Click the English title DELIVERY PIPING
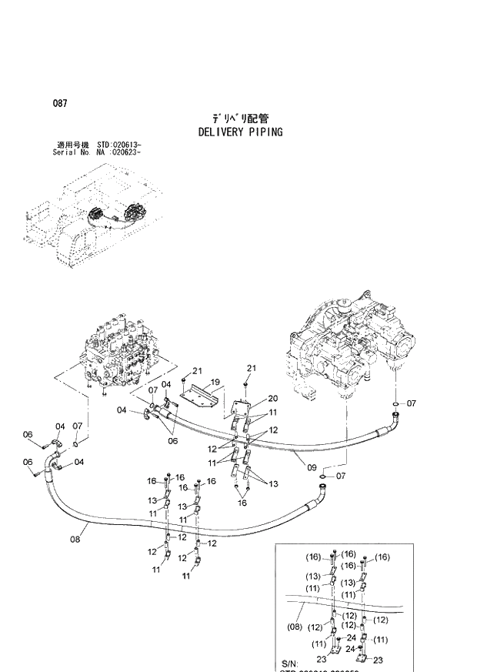[x=240, y=132]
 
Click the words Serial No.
[x=63, y=152]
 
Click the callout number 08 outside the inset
[x=75, y=540]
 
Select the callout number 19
[x=215, y=382]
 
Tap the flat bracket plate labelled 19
[x=198, y=393]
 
